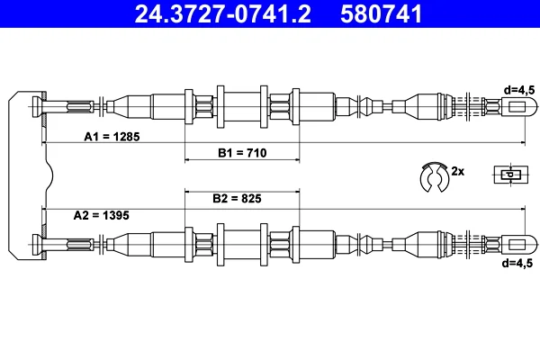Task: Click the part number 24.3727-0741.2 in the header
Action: pyautogui.click(x=223, y=14)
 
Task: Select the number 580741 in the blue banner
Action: pyautogui.click(x=381, y=14)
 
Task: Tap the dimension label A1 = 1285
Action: pyautogui.click(x=112, y=137)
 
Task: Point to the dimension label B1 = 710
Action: pyautogui.click(x=242, y=153)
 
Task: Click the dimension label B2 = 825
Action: pyautogui.click(x=237, y=198)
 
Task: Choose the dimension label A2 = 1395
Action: pyautogui.click(x=101, y=215)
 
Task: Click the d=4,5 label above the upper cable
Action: pyautogui.click(x=519, y=90)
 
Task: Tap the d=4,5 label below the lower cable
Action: pyautogui.click(x=517, y=263)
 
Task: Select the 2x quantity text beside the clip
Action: pyautogui.click(x=458, y=171)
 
